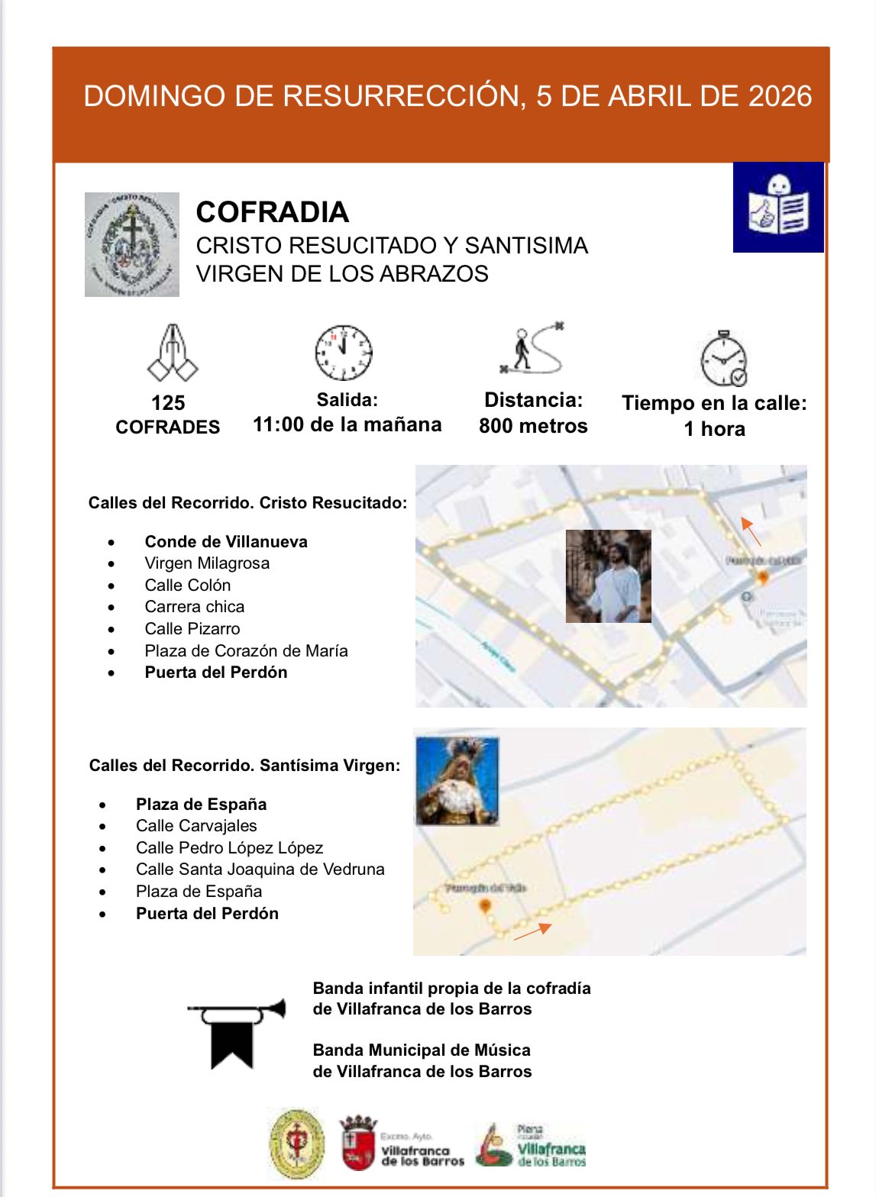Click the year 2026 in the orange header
click(780, 96)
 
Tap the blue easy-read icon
click(778, 207)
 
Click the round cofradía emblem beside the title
click(132, 244)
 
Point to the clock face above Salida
click(344, 353)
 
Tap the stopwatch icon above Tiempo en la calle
click(722, 359)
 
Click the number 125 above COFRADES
click(168, 403)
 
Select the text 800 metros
click(533, 426)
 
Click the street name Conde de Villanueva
click(226, 542)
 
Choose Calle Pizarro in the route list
click(192, 629)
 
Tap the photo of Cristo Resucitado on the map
click(608, 576)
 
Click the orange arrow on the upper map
click(751, 531)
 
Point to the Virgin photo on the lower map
click(457, 781)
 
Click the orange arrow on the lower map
click(532, 931)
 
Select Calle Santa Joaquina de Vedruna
click(260, 870)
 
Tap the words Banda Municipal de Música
click(422, 1050)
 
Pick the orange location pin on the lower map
click(484, 907)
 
